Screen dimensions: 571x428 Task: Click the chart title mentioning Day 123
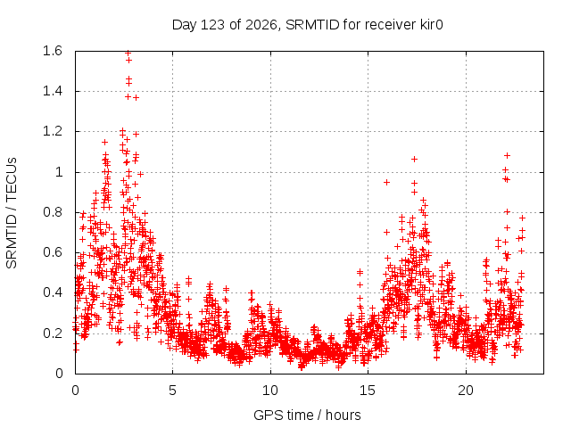(307, 25)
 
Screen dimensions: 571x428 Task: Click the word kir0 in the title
(432, 25)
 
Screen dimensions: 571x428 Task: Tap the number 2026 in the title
(261, 25)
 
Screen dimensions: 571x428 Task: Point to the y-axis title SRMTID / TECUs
(12, 213)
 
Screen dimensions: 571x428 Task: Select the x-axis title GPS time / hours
(307, 415)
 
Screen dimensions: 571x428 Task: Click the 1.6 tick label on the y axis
(53, 51)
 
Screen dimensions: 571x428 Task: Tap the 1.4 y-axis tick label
(53, 91)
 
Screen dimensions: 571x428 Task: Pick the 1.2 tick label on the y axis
(53, 131)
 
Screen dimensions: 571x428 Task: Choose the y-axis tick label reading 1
(59, 172)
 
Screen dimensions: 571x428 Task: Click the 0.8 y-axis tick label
(53, 212)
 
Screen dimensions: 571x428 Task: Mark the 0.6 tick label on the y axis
(53, 252)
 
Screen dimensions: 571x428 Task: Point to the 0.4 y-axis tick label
(53, 292)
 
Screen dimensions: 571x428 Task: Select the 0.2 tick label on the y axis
(53, 333)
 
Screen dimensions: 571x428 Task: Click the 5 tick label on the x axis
(172, 391)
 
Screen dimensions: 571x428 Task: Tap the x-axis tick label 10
(270, 391)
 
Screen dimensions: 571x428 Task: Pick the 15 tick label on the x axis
(368, 391)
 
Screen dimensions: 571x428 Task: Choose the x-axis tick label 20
(466, 391)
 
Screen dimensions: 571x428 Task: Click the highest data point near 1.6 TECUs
(128, 53)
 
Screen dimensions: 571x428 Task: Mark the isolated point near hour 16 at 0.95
(386, 182)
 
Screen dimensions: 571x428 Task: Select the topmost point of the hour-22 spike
(507, 156)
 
